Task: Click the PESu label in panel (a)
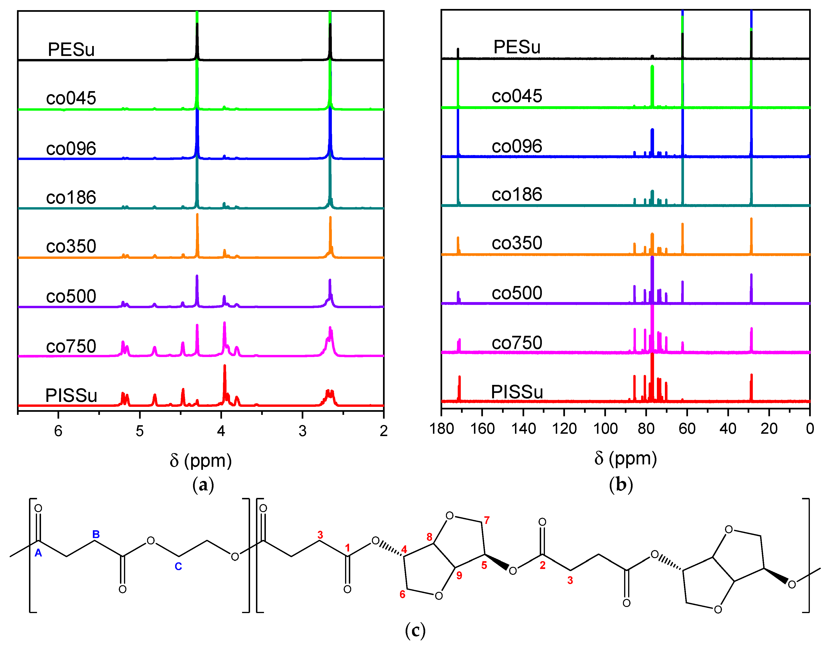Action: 71,50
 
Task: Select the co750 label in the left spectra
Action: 71,346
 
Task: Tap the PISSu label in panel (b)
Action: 517,392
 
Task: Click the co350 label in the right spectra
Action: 517,243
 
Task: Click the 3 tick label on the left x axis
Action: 302,431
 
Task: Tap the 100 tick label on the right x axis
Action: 605,429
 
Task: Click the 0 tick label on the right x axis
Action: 810,429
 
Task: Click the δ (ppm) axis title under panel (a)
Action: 201,460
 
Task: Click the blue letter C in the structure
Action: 178,566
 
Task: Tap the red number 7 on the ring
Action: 486,520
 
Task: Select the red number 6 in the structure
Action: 402,594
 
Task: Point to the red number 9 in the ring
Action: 459,575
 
